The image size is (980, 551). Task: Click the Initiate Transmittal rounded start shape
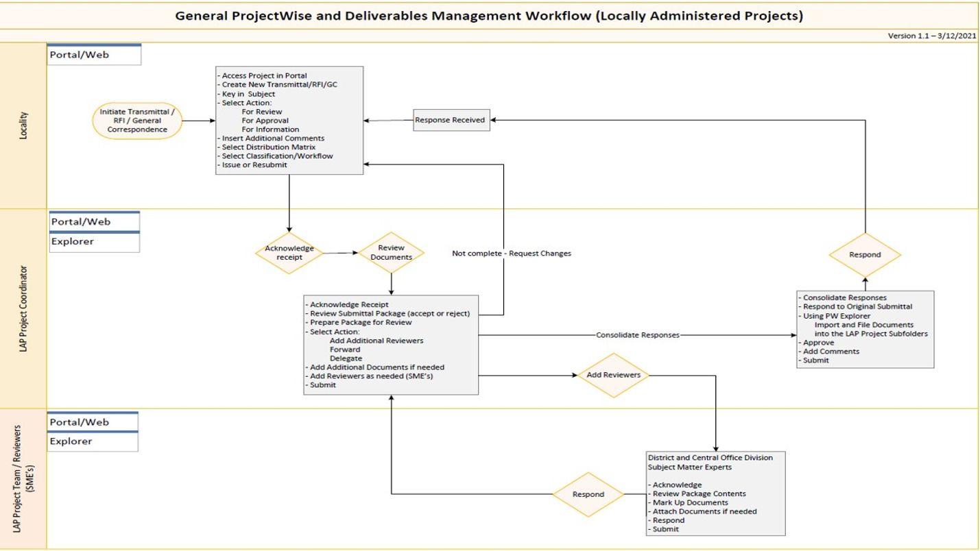coord(137,120)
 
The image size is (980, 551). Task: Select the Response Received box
coord(449,120)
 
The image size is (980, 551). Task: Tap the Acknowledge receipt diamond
coord(289,252)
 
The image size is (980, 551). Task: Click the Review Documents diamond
coord(391,252)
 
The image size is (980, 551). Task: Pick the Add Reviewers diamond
coord(613,375)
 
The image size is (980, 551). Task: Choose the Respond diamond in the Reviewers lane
coord(588,494)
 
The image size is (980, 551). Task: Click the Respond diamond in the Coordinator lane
coord(864,254)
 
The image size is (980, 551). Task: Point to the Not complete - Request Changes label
coord(511,254)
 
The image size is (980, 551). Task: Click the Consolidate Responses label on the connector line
coord(637,335)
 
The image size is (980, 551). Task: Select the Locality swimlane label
coord(23,125)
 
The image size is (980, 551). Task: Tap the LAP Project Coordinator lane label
coord(23,308)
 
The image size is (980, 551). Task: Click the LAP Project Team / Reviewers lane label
coord(23,478)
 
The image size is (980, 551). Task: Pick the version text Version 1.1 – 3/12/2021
coord(931,36)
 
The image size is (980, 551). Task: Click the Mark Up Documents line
coord(680,502)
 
